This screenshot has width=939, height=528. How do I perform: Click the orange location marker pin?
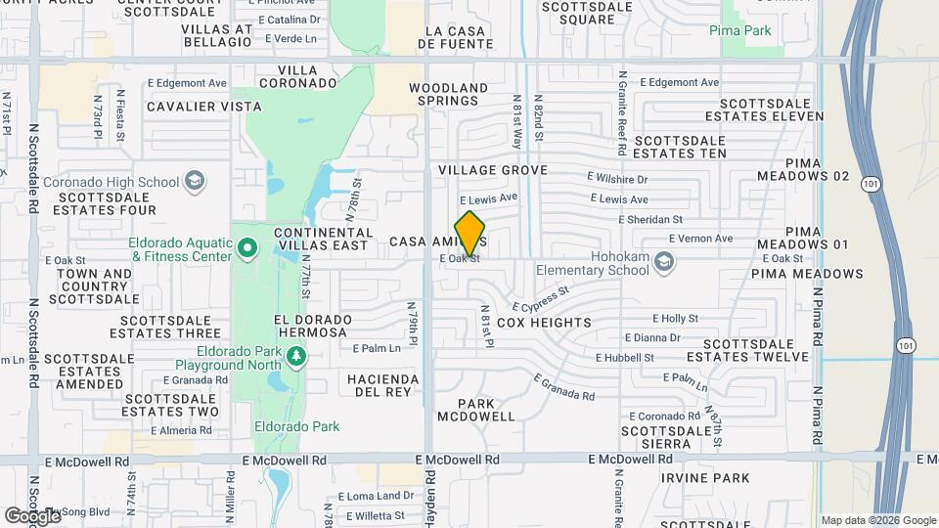coord(470,233)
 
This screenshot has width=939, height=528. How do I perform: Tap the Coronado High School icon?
coord(195,181)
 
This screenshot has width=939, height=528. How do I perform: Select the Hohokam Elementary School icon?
coord(665,260)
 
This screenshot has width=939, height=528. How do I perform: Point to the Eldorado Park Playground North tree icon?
coord(296,358)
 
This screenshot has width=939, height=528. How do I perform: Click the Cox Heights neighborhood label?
coord(544,323)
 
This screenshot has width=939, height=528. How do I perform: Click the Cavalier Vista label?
coord(203,106)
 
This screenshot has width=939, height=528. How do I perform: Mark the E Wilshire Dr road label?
coord(617,179)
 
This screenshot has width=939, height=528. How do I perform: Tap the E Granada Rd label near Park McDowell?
coord(564,388)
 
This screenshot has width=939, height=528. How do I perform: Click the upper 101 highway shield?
coord(870,184)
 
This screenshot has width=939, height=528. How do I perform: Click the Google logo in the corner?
coord(31,514)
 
